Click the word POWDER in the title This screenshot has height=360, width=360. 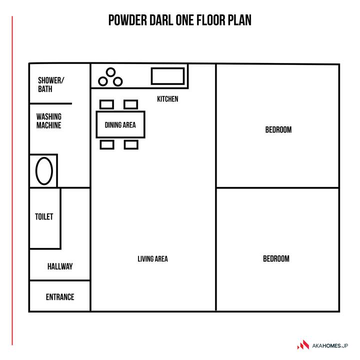(127, 20)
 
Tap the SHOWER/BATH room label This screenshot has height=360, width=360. (51, 84)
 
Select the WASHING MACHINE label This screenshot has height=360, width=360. (49, 121)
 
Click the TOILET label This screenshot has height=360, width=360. (44, 216)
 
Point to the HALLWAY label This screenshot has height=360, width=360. (60, 266)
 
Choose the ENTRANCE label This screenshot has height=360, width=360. (60, 297)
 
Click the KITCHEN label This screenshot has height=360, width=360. (167, 99)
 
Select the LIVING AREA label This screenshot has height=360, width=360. (152, 259)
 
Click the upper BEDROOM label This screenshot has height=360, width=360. (278, 129)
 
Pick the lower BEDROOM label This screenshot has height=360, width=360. (276, 259)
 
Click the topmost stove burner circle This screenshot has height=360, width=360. (110, 68)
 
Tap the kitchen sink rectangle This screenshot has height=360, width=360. (167, 68)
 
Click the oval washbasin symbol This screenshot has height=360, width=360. (36, 171)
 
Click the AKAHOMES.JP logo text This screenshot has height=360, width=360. (330, 346)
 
